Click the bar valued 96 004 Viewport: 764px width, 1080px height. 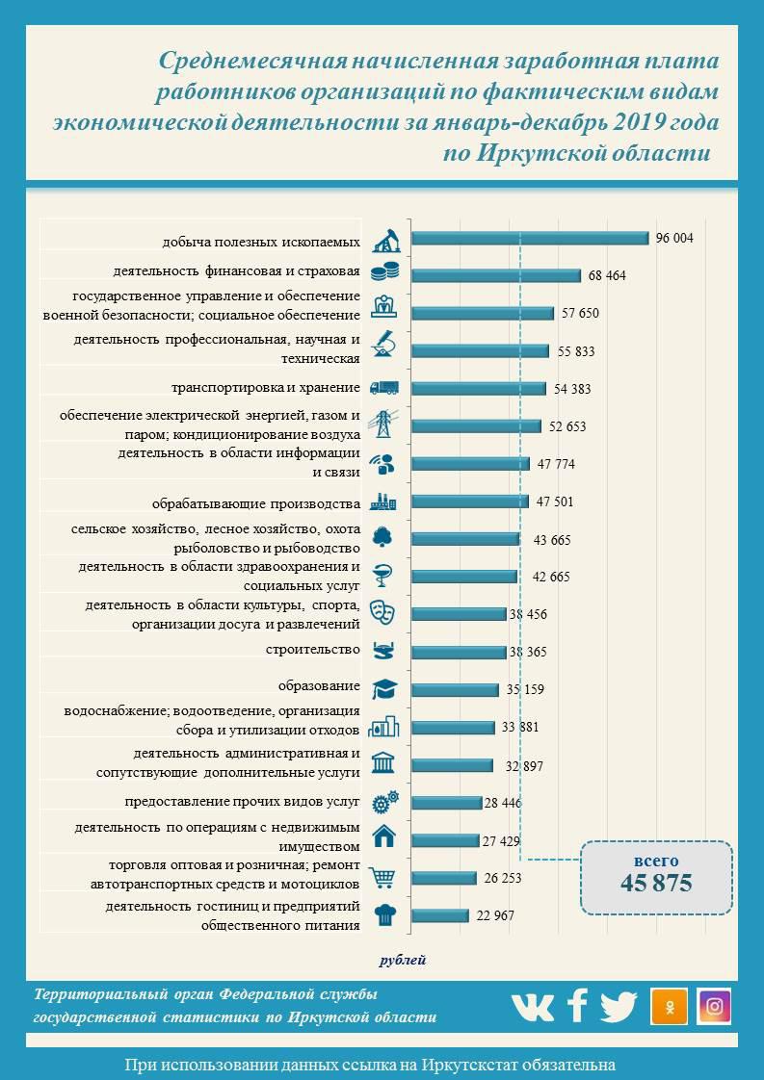click(530, 239)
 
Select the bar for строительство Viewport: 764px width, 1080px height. click(459, 652)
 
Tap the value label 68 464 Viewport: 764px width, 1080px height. click(607, 276)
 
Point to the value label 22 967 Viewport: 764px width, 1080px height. click(495, 915)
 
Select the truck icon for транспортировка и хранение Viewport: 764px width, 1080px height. click(384, 388)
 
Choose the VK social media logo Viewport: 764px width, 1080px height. click(532, 1007)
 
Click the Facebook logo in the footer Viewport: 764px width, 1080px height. click(577, 1006)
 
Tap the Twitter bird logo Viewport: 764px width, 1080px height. click(619, 1007)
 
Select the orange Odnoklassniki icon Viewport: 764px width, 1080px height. click(669, 1006)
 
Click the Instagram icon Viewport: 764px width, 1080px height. click(714, 1006)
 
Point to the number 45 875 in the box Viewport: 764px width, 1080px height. click(657, 884)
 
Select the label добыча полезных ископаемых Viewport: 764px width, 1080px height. click(261, 241)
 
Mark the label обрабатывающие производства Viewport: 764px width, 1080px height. click(256, 502)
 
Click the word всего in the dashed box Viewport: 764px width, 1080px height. click(656, 861)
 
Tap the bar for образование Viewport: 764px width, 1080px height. click(455, 689)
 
